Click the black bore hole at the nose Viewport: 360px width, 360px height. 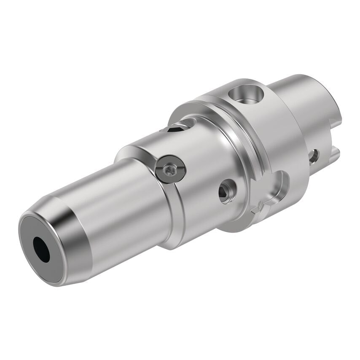tap(41, 249)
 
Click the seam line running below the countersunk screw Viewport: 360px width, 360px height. tap(177, 211)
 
